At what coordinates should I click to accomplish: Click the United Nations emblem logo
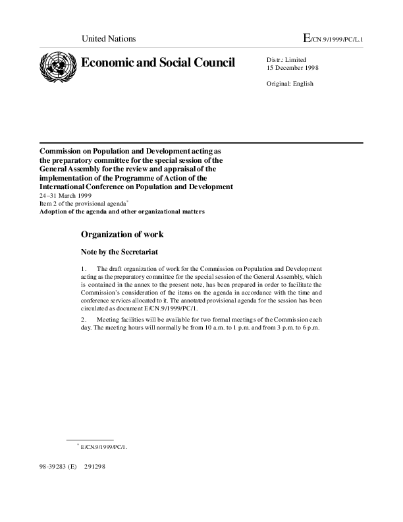[58, 67]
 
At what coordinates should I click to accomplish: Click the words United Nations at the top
[108, 38]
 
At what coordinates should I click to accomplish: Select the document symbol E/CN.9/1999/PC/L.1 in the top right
[333, 39]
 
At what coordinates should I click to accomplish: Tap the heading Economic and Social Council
[157, 63]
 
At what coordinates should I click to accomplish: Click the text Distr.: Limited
[286, 60]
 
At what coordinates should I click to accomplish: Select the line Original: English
[290, 84]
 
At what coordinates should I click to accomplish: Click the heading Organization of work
[122, 234]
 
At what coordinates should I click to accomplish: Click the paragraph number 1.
[83, 269]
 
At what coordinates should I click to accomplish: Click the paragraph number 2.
[83, 320]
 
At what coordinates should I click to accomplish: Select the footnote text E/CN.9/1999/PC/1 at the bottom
[103, 447]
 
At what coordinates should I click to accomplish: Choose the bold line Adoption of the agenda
[122, 212]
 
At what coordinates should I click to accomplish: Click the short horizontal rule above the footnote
[90, 439]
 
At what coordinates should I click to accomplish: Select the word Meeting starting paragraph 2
[109, 320]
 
